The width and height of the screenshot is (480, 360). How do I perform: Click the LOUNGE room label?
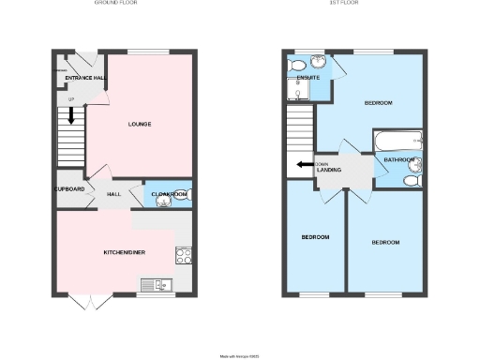[140, 124]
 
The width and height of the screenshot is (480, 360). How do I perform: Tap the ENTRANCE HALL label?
[84, 78]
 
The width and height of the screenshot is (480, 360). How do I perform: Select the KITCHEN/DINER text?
[124, 252]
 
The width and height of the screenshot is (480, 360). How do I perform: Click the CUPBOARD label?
[70, 189]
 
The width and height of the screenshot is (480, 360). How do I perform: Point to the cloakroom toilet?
[182, 195]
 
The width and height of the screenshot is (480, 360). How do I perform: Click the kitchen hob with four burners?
[182, 254]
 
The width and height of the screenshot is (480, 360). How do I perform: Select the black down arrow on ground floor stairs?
[68, 118]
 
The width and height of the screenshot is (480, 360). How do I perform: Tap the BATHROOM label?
[399, 160]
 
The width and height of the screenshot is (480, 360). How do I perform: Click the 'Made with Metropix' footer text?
[239, 355]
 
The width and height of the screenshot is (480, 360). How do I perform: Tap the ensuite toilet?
[299, 65]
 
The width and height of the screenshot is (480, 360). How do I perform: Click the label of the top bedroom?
[378, 102]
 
